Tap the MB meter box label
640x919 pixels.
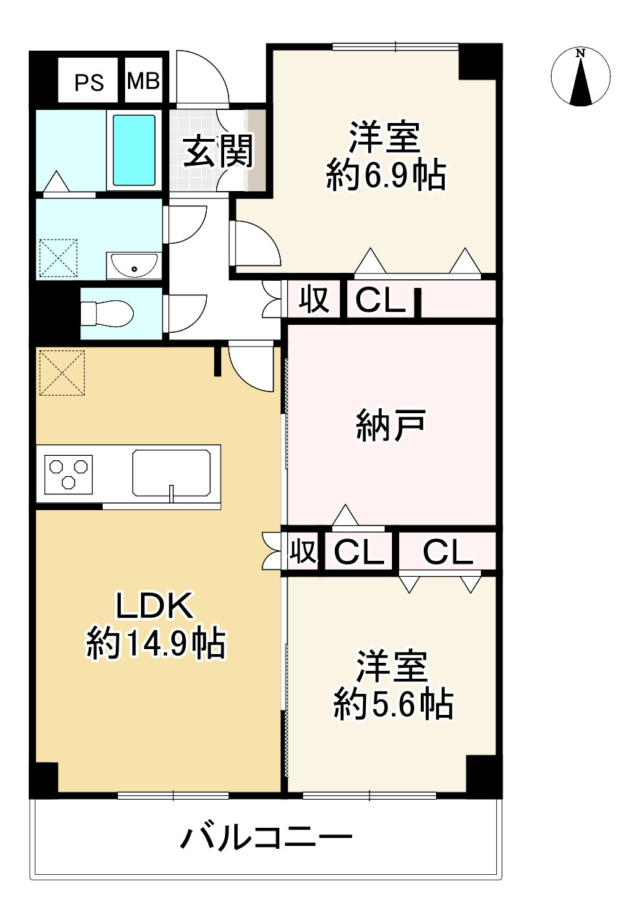coord(144,80)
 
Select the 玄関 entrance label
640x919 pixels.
coord(216,151)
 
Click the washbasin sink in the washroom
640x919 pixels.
coord(135,265)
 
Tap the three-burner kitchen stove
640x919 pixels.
coord(69,473)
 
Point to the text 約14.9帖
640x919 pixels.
coord(155,643)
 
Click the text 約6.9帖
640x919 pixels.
coord(385,175)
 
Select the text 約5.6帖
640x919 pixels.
coord(393,703)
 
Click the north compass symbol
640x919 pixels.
coord(581,77)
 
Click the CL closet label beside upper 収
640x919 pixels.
coord(380,300)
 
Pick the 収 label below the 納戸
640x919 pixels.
coord(303,552)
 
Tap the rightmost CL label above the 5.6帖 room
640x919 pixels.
coord(448,553)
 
